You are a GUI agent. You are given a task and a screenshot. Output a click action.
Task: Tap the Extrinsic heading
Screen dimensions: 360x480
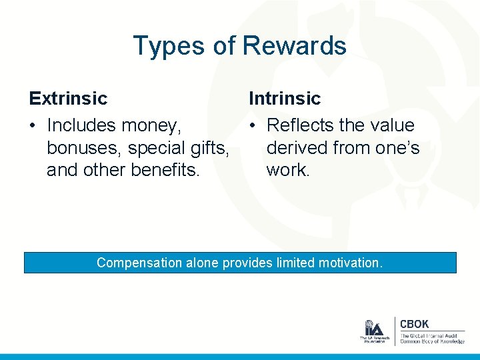click(68, 99)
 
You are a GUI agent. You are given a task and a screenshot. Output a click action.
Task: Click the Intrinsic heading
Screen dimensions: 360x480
click(285, 99)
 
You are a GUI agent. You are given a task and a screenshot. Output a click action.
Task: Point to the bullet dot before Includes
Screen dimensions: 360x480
click(33, 126)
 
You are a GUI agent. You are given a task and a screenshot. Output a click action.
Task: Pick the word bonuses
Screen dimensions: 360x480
click(83, 147)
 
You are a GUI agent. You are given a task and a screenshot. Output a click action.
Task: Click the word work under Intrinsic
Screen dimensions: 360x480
click(288, 169)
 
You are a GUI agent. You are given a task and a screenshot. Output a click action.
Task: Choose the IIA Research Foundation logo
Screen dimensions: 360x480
click(373, 331)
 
